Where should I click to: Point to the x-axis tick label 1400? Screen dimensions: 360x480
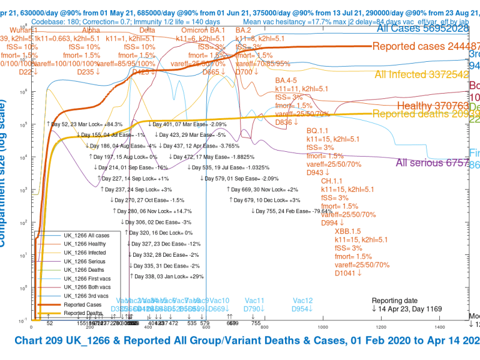pyautogui.click(x=439, y=327)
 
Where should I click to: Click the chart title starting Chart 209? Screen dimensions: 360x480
pyautogui.click(x=247, y=341)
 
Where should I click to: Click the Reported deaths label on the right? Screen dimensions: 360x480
pyautogui.click(x=420, y=114)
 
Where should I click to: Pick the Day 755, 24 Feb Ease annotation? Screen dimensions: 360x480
pyautogui.click(x=292, y=211)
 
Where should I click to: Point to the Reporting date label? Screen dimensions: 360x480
pyautogui.click(x=395, y=301)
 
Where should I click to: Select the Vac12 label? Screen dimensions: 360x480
pyautogui.click(x=303, y=301)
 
